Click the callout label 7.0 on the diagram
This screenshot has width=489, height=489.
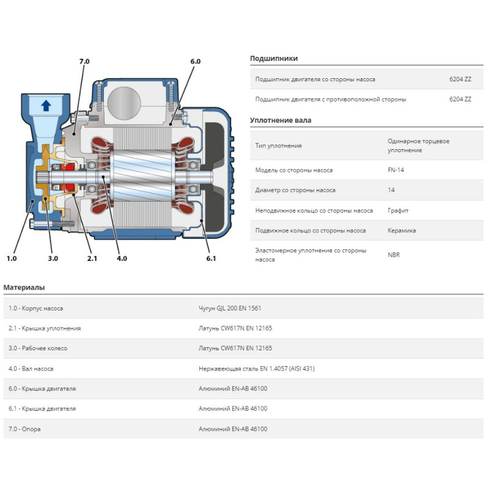pyautogui.click(x=84, y=62)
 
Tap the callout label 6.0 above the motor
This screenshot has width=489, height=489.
pyautogui.click(x=195, y=62)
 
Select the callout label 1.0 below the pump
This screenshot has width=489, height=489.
pyautogui.click(x=12, y=259)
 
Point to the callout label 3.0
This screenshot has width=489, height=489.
pyautogui.click(x=53, y=259)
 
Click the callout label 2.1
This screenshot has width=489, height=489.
pyautogui.click(x=92, y=259)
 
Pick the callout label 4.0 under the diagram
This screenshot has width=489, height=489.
pyautogui.click(x=122, y=259)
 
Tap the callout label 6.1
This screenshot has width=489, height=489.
pyautogui.click(x=211, y=259)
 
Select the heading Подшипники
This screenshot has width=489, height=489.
pyautogui.click(x=274, y=59)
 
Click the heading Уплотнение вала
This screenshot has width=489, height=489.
pyautogui.click(x=281, y=120)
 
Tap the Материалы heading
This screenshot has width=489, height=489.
pyautogui.click(x=24, y=287)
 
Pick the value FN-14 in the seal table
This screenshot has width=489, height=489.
pyautogui.click(x=395, y=170)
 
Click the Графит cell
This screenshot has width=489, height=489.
pyautogui.click(x=398, y=210)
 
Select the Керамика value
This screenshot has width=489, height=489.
pyautogui.click(x=402, y=230)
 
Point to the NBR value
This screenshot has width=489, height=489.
pyautogui.click(x=394, y=255)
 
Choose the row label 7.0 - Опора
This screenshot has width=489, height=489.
pyautogui.click(x=24, y=429)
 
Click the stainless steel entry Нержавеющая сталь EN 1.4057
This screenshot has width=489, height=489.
pyautogui.click(x=257, y=369)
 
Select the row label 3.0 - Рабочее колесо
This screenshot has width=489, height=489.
pyautogui.click(x=38, y=348)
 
